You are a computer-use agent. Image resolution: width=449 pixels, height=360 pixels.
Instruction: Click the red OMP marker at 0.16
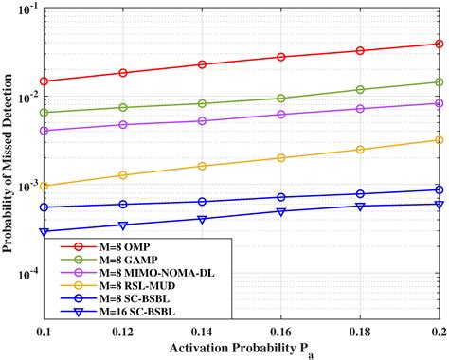(x=280, y=57)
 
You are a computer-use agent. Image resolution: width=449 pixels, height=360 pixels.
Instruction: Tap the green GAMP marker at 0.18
(x=359, y=90)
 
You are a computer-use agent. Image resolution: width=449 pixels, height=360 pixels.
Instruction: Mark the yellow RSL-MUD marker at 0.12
(x=122, y=175)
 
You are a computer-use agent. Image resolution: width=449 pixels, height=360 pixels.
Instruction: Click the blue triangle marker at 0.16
(x=280, y=211)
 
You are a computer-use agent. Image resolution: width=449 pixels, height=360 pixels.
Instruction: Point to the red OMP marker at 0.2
(x=439, y=44)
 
